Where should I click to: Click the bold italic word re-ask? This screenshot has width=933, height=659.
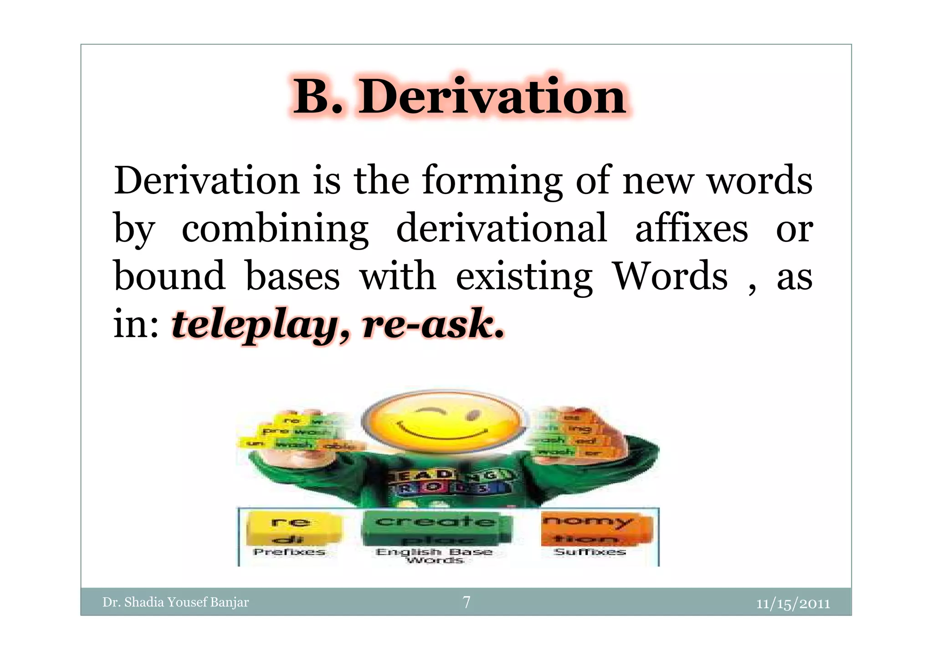point(433,324)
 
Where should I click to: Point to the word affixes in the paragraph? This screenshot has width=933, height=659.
point(691,228)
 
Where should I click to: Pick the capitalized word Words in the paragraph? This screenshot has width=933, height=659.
point(670,276)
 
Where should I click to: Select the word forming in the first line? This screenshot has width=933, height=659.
point(492,181)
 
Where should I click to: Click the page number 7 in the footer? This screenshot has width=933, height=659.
point(466,602)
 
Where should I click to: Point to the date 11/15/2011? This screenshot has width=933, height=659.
point(793,603)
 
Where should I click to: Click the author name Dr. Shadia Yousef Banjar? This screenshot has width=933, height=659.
point(175,602)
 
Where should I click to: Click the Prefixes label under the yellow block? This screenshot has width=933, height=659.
point(289,552)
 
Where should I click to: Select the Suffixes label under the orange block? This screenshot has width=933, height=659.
point(590,552)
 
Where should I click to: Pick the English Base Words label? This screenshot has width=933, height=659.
point(434,556)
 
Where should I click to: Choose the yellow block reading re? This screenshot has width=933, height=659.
point(292,522)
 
